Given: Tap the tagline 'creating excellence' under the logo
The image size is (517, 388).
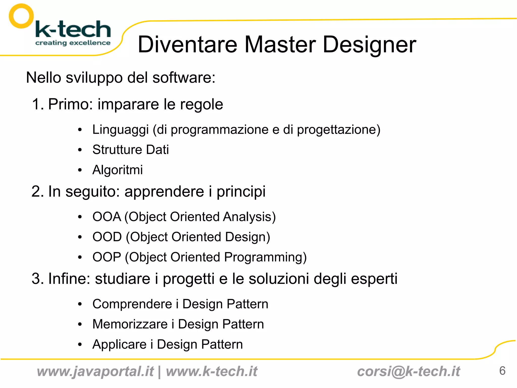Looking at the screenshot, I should coord(73,43).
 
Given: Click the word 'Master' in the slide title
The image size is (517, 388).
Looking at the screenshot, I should coord(280,44).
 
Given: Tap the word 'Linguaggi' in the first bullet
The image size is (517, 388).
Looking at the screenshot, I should coord(120,130).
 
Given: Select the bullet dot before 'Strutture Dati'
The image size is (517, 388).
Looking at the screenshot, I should coord(80,150).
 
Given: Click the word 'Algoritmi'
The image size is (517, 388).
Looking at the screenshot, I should coord(117,170).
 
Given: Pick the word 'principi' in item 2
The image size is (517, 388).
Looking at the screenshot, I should coord(241,192).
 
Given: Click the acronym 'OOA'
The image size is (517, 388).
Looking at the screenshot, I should coord(107,217).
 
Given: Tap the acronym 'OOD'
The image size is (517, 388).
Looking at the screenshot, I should coord(107,237).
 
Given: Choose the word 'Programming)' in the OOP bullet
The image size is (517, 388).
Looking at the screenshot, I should coord(265,257).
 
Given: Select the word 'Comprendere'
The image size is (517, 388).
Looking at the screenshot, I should coord(132,304).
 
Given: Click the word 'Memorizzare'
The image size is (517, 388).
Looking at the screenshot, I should coord(130,324).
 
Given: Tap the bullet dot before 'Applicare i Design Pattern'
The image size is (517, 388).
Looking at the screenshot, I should coord(80,345).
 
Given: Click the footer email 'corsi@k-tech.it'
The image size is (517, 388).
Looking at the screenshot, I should coord(408,372).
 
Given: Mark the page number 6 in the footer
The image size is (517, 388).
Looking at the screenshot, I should coord(502,371).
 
